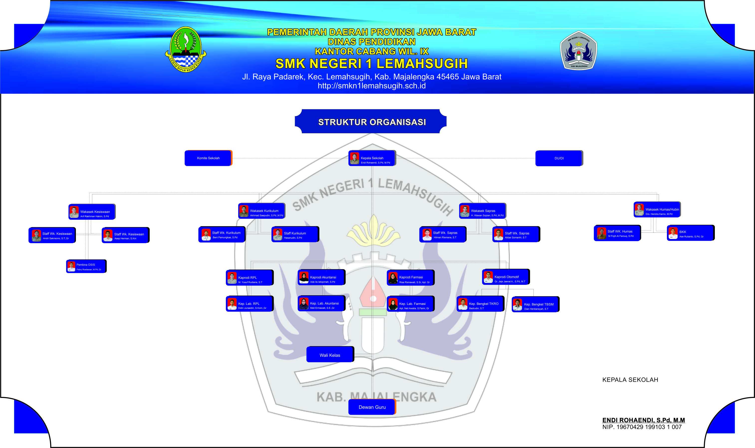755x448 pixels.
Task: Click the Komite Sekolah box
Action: click(208, 158)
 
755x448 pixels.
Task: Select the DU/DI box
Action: click(559, 158)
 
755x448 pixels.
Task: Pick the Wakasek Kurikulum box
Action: click(262, 211)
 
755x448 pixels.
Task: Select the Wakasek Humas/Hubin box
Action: click(657, 210)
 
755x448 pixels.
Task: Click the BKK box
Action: click(691, 233)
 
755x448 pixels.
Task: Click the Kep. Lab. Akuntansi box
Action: click(322, 304)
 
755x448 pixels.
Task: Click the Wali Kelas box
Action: click(330, 355)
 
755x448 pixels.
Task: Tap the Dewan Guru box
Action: click(372, 407)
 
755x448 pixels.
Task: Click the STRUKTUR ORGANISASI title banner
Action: click(371, 122)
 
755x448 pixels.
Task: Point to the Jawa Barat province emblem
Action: click(186, 49)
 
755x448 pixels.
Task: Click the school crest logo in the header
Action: click(579, 50)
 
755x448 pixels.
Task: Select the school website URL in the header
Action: click(372, 86)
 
